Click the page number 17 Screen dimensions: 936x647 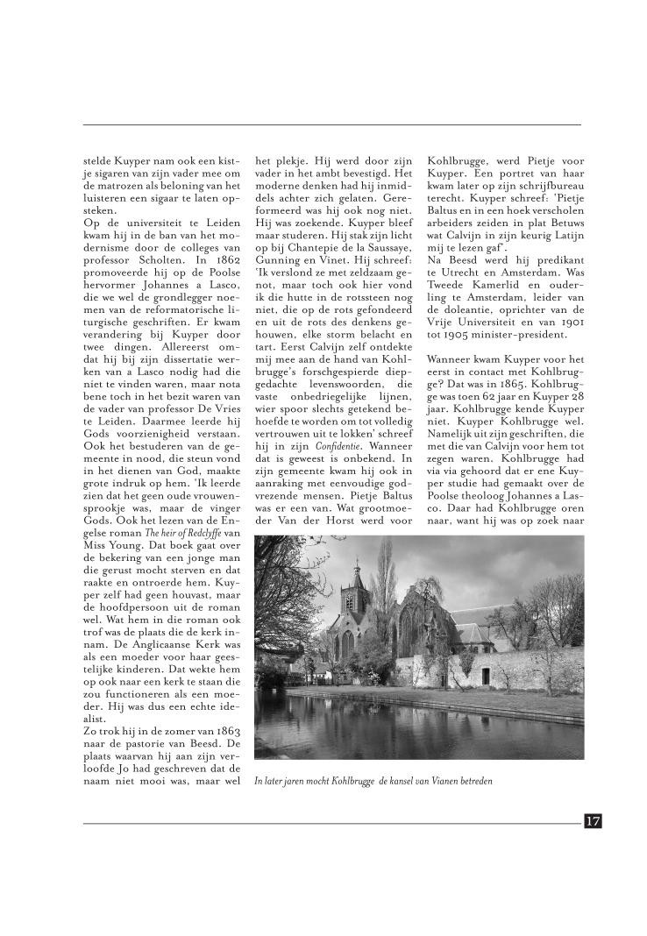593,820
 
